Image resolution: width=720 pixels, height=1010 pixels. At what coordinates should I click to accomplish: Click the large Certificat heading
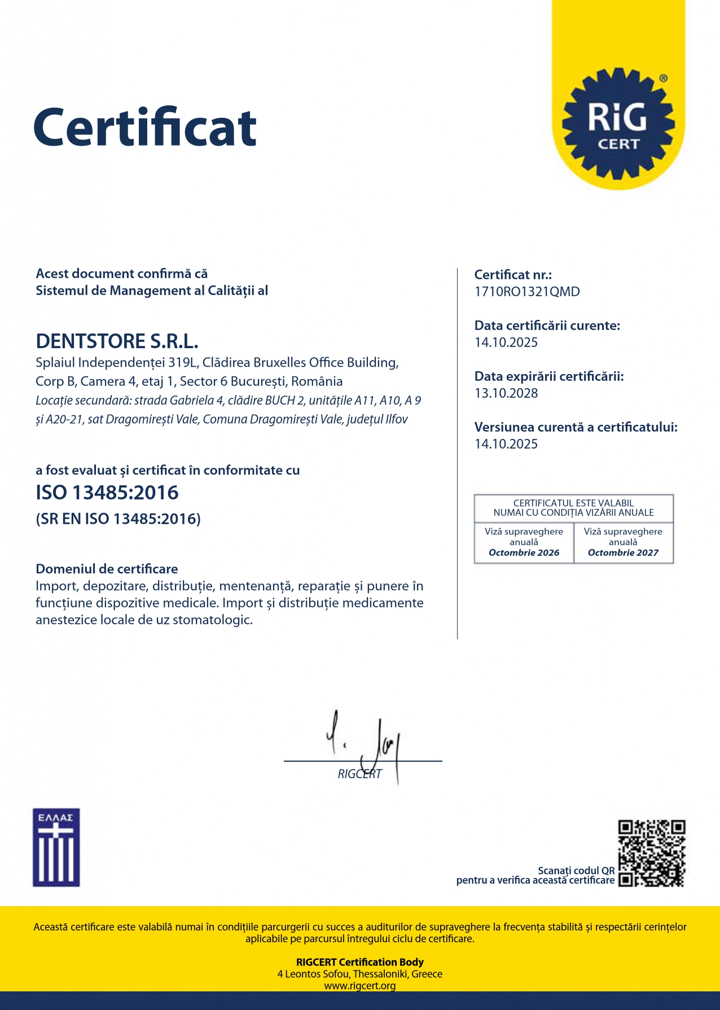[x=145, y=128]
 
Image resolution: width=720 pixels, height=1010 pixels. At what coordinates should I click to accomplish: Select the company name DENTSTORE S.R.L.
[x=117, y=341]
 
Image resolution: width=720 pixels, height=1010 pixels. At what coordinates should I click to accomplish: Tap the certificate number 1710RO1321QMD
[x=527, y=292]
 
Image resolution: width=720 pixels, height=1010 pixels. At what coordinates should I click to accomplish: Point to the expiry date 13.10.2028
[x=506, y=393]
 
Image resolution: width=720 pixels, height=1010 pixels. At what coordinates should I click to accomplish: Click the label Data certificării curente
[x=547, y=326]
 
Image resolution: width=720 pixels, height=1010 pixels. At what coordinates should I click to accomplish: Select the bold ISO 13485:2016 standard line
[x=107, y=493]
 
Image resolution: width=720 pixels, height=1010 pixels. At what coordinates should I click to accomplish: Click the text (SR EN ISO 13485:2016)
[x=118, y=519]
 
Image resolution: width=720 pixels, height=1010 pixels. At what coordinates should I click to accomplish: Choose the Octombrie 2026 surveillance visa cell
[x=524, y=542]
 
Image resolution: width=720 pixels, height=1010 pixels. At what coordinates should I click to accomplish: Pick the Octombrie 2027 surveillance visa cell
[x=623, y=542]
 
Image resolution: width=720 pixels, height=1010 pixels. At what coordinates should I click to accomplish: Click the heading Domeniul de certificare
[x=107, y=569]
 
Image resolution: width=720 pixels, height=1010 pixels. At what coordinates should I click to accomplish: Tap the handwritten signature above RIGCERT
[x=367, y=742]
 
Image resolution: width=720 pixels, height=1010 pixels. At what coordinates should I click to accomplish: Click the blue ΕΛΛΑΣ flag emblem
[x=56, y=847]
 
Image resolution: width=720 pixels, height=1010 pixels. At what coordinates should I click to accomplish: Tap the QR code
[x=652, y=853]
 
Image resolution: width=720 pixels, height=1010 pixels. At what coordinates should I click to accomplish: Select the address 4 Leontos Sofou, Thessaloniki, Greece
[x=359, y=974]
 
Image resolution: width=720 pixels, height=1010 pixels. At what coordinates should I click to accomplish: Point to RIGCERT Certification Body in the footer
[x=359, y=962]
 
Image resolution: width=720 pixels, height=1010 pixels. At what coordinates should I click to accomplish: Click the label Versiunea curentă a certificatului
[x=576, y=427]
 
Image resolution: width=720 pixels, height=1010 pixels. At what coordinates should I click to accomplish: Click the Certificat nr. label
[x=513, y=275]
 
